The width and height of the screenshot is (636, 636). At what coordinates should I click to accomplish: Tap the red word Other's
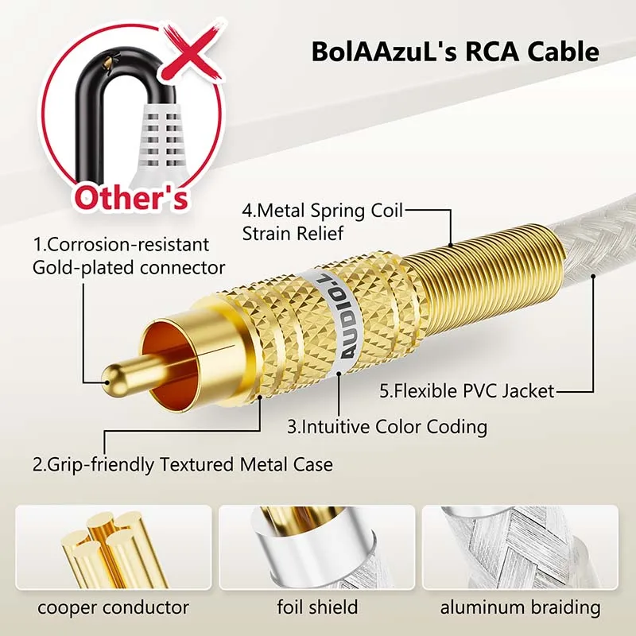coord(132,196)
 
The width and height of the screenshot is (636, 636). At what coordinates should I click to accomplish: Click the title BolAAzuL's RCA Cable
coord(455,53)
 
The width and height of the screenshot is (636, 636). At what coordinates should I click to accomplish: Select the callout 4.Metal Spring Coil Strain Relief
coord(323,222)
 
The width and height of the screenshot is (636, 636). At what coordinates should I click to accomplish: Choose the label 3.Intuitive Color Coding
coord(386,426)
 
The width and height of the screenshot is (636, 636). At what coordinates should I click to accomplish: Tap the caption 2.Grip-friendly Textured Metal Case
coord(182,463)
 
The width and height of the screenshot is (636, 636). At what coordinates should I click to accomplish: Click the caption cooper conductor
coord(114,608)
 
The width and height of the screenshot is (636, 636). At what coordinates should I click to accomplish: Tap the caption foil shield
coord(317,608)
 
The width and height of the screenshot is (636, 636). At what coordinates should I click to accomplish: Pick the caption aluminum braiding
coord(521,608)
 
